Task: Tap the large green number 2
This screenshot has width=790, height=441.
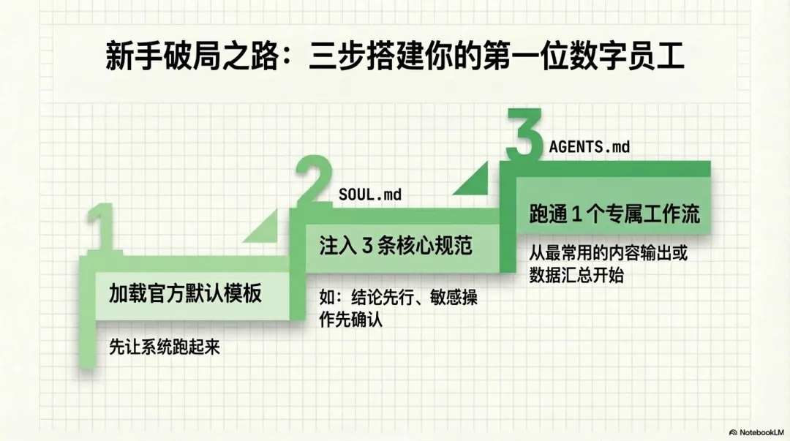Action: tap(317, 179)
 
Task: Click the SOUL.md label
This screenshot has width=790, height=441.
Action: tap(370, 195)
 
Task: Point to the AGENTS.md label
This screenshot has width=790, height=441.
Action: tap(589, 147)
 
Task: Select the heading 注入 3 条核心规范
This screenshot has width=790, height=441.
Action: tap(395, 245)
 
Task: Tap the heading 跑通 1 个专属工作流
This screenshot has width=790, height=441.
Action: tap(614, 214)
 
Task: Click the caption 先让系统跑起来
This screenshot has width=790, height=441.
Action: tap(164, 347)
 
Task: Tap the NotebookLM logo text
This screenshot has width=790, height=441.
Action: tap(760, 432)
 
